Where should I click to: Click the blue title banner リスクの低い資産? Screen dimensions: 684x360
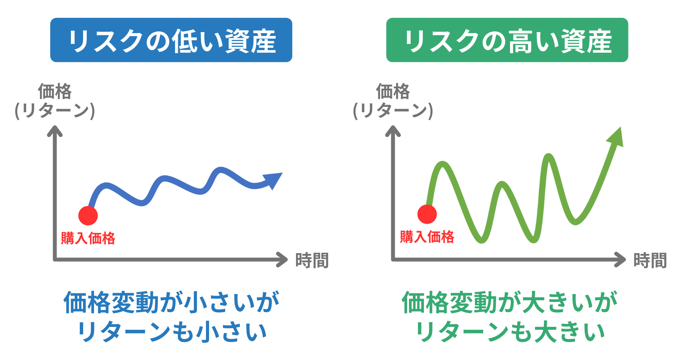171,40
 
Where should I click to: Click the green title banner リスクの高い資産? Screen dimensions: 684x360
507,40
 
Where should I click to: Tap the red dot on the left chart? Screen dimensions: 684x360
88,215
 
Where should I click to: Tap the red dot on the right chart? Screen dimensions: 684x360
427,214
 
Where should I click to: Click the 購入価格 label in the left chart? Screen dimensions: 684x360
88,238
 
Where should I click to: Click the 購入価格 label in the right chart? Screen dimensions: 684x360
427,236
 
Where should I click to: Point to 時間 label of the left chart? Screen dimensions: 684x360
312,260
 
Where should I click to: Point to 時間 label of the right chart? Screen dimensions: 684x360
650,260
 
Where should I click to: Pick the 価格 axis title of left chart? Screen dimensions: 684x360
55,92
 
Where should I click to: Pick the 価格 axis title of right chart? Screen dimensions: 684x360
393,92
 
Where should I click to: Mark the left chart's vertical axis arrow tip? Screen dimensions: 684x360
55,126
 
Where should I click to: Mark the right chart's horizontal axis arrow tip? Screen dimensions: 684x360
625,260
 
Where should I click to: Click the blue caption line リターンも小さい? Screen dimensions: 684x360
172,331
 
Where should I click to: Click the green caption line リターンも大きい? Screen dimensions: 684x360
510,331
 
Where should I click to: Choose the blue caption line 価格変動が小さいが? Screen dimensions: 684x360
172,302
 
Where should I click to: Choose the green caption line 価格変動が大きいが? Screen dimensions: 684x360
510,302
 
